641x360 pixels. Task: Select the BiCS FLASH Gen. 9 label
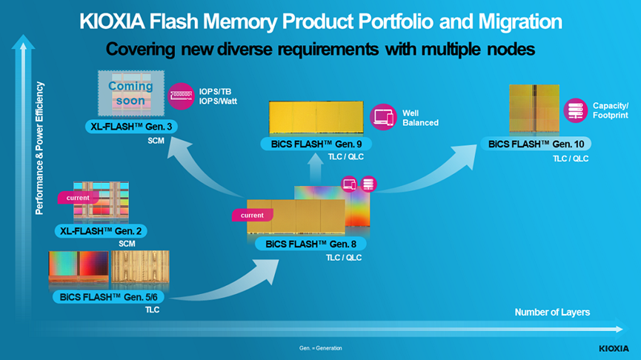point(311,144)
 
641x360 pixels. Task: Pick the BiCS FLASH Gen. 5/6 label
point(108,297)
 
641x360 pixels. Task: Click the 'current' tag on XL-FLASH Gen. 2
point(78,198)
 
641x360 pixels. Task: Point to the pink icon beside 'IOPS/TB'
point(181,96)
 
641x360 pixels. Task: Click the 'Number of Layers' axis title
point(552,313)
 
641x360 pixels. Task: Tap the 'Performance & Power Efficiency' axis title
point(41,149)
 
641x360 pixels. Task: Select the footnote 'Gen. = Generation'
point(320,348)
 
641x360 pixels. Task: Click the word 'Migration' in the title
point(517,22)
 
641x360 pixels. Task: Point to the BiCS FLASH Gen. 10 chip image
point(533,110)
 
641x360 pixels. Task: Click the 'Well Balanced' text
point(420,118)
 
